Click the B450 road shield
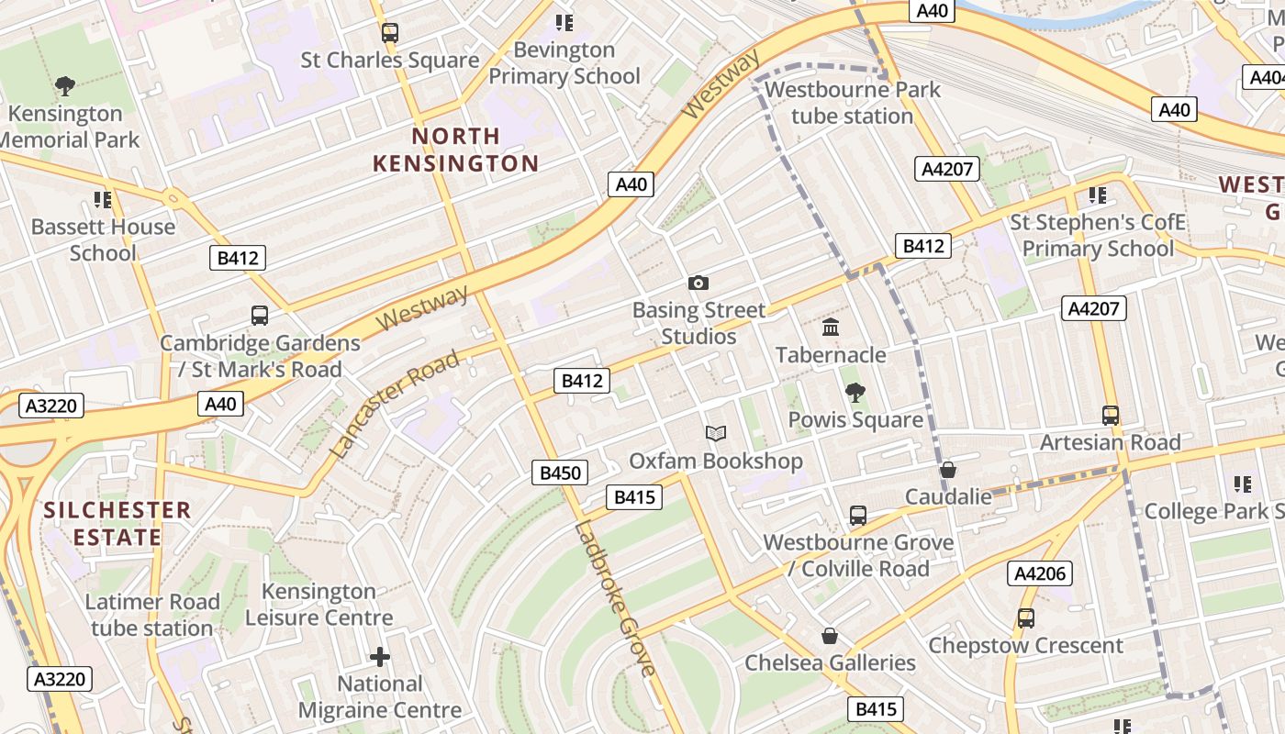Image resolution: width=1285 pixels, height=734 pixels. point(560,473)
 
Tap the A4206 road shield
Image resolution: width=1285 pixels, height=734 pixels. point(1040,573)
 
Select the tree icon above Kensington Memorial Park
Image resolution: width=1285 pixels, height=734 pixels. point(64,86)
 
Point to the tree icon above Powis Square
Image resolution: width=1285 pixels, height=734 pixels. point(855,393)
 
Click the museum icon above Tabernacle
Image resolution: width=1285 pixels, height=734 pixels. point(831,327)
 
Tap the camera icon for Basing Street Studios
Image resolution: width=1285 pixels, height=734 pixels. point(698,283)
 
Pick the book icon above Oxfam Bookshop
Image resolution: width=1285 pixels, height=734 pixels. point(715,433)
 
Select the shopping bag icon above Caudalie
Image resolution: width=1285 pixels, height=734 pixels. point(948,470)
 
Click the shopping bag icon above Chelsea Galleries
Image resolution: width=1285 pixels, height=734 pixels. point(830,636)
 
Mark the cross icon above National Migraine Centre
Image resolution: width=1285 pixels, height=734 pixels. point(380,657)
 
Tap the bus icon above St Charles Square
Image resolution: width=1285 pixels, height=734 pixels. point(390,33)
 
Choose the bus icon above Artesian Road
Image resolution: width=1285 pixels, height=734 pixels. point(1111,415)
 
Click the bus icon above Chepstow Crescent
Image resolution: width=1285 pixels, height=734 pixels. point(1025,618)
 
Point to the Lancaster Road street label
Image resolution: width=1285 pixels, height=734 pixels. point(394,404)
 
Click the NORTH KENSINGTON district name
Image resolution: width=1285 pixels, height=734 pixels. point(455,150)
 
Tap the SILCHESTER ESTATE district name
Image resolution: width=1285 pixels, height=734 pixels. point(117,523)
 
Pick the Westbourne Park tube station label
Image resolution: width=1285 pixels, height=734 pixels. point(853,103)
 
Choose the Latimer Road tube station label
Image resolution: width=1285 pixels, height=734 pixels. point(152,615)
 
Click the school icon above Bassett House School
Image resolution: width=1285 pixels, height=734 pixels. point(103,199)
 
